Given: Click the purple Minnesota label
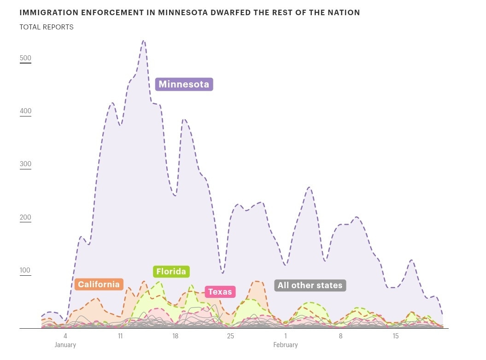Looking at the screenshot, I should (x=184, y=84).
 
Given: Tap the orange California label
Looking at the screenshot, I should (x=99, y=284).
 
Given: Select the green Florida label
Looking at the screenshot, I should (x=171, y=271).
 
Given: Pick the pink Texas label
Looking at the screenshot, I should (x=220, y=291).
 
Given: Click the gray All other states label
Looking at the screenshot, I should (x=310, y=285).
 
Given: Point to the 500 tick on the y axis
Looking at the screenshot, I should (x=25, y=58).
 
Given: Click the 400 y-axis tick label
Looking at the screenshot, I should (x=25, y=111).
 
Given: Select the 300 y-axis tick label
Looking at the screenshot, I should (x=25, y=164).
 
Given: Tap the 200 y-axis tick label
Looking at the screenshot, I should (x=25, y=217).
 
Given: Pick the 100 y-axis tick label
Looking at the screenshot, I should (x=25, y=271).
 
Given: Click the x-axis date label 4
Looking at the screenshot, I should (x=65, y=336).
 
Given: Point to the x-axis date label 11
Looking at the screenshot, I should (x=120, y=336).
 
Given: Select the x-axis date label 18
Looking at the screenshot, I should (x=176, y=336).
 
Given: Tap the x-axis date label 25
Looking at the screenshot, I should (x=230, y=336).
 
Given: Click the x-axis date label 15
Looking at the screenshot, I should (x=396, y=336).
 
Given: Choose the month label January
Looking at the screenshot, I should (x=65, y=345).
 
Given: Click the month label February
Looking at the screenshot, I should (x=286, y=345).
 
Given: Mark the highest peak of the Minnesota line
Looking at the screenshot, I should (x=144, y=41).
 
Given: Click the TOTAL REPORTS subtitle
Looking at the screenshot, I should (x=47, y=27).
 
